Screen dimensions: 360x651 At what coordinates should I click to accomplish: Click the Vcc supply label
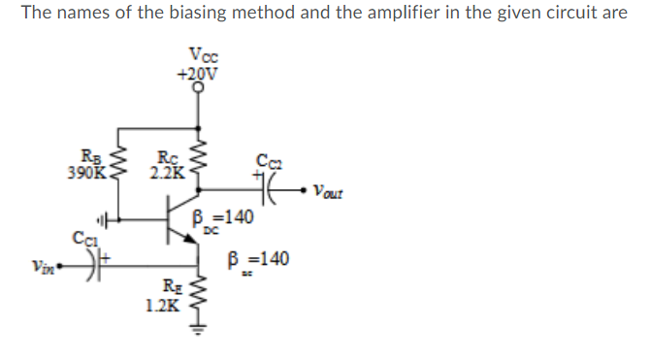pos(200,55)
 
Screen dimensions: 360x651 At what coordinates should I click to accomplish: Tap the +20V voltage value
pos(199,72)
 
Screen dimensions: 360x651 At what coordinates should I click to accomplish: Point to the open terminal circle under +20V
pos(200,86)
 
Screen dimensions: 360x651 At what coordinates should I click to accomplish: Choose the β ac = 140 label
pos(256,261)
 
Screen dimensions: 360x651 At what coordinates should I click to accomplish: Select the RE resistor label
pos(169,287)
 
